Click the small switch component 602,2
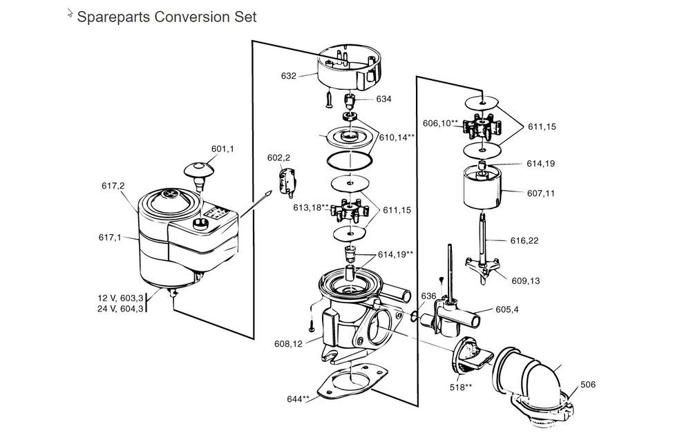point(285,182)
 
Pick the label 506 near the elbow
point(587,385)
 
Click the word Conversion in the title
point(182,17)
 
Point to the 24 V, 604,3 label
point(120,309)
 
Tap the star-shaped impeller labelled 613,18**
point(349,208)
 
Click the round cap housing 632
point(349,68)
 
